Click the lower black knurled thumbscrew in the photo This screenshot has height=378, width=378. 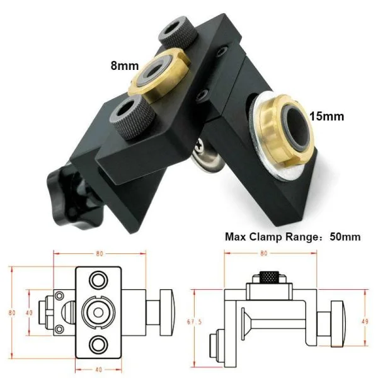(133, 117)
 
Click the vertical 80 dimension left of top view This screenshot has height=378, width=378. (11, 312)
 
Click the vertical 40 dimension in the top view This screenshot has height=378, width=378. (29, 312)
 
